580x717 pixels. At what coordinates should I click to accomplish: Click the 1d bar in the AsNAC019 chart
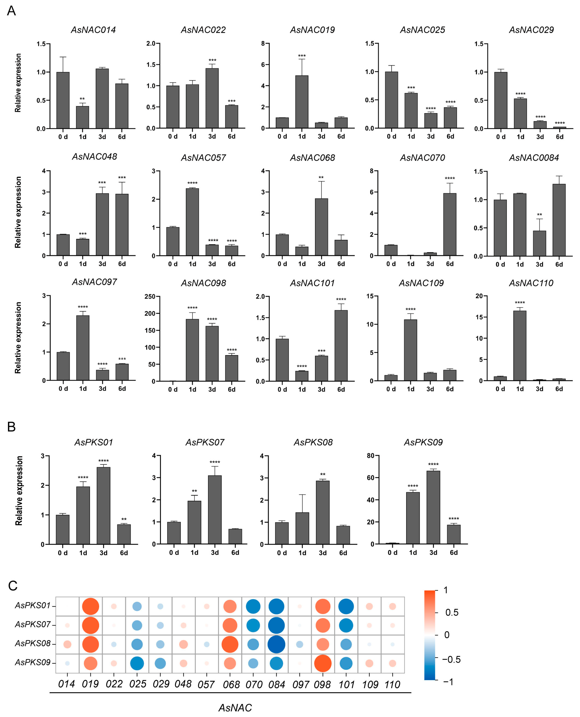[x=302, y=102]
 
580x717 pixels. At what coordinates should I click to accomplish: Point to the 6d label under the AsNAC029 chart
[x=560, y=137]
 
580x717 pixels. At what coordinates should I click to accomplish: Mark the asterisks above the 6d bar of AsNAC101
[x=341, y=299]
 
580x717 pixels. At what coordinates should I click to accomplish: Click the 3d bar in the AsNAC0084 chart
[x=539, y=244]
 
